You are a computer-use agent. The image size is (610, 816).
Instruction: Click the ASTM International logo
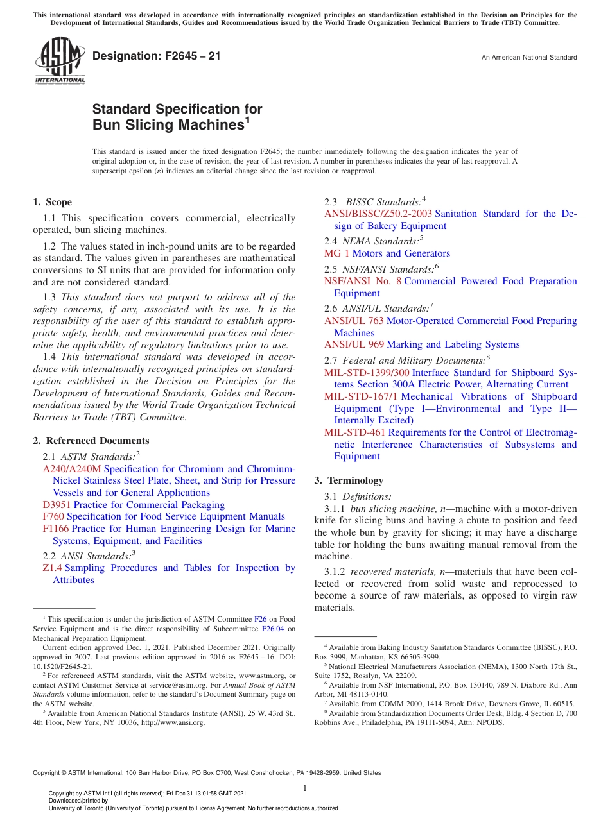(x=59, y=61)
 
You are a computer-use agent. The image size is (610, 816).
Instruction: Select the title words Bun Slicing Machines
(x=168, y=125)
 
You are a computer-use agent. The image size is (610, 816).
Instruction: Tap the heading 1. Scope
(x=53, y=202)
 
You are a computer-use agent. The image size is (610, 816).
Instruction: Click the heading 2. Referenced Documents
(x=91, y=441)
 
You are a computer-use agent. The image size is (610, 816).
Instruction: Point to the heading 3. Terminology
(x=349, y=480)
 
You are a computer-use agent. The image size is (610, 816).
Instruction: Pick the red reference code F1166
(x=56, y=529)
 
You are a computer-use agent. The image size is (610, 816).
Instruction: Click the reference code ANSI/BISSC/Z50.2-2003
(x=378, y=214)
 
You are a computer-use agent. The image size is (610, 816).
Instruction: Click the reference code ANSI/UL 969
(x=354, y=344)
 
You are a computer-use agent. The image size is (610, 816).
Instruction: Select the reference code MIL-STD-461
(x=354, y=432)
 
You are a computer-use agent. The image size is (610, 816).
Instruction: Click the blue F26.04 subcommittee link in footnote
(x=273, y=629)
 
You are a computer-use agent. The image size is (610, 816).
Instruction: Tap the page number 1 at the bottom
(x=305, y=788)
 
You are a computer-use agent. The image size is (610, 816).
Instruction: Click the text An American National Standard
(x=528, y=58)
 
